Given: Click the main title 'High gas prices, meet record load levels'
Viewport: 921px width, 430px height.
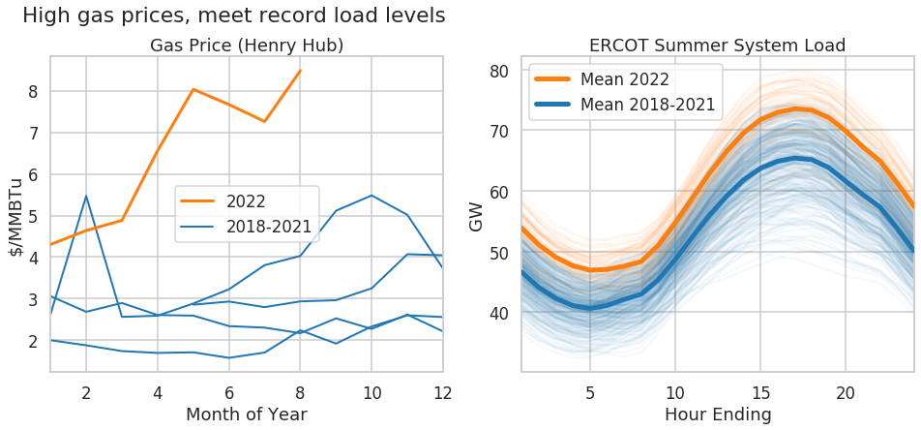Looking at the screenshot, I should [x=233, y=15].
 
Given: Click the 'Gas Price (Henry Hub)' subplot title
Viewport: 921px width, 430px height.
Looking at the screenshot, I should [x=247, y=46].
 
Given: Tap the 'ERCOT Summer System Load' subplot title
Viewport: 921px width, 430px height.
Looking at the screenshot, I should [x=717, y=46].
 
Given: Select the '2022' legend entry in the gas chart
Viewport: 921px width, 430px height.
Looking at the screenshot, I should [x=246, y=201].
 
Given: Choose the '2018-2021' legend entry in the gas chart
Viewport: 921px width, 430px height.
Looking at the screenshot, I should [x=268, y=227].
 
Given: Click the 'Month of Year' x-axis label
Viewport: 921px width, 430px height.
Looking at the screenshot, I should [x=247, y=415].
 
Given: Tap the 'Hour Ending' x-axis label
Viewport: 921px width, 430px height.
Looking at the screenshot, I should [x=717, y=415].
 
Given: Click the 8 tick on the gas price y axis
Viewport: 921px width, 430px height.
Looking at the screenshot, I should [x=34, y=91].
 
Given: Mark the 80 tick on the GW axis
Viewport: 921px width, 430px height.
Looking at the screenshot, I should [x=498, y=71].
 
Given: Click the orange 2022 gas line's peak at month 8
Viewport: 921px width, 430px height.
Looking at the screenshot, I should [x=301, y=71].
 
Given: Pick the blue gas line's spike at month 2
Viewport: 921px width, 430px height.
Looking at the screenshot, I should [x=86, y=197].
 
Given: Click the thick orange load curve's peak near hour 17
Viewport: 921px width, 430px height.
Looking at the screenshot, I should [x=795, y=107].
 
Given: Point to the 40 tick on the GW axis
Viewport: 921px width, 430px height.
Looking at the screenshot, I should [x=498, y=314].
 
